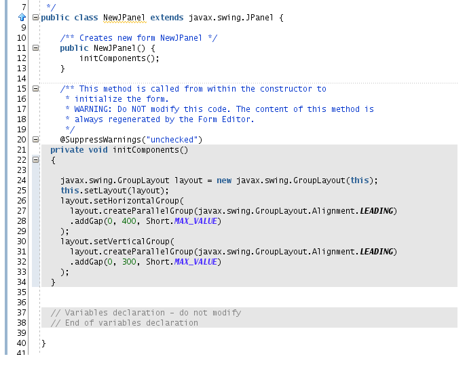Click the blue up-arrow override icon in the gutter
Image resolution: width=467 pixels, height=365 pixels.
click(x=22, y=17)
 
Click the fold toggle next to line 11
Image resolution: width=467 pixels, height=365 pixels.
click(x=35, y=47)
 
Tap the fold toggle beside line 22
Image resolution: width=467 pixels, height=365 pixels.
click(x=35, y=160)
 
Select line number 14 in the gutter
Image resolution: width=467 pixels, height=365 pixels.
click(x=22, y=79)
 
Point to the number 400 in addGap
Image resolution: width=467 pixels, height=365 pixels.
click(x=129, y=221)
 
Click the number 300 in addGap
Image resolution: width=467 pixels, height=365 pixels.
click(x=129, y=262)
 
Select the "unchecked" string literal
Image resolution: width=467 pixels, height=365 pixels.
click(x=172, y=140)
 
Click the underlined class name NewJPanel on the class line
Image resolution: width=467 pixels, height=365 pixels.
click(x=124, y=18)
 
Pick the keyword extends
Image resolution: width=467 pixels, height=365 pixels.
click(x=167, y=18)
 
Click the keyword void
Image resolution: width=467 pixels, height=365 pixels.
click(x=98, y=150)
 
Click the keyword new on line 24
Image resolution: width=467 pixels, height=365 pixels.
click(x=224, y=180)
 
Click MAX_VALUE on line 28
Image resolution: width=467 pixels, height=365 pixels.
click(x=195, y=221)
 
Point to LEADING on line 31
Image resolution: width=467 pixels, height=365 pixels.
click(x=377, y=252)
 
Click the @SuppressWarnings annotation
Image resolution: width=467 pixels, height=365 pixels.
click(x=100, y=140)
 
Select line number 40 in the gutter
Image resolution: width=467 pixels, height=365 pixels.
click(x=22, y=343)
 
